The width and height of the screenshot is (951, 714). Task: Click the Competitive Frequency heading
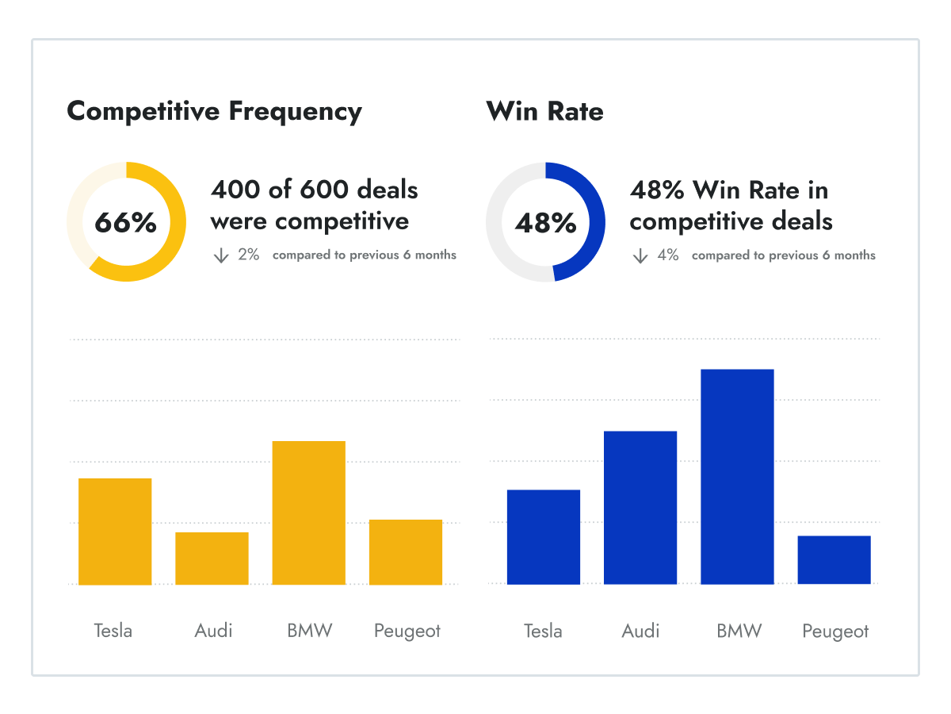click(x=214, y=111)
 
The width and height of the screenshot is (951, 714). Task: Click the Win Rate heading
click(x=545, y=111)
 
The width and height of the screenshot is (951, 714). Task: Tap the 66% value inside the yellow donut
click(x=126, y=223)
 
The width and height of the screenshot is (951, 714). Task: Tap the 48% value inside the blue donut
click(x=545, y=223)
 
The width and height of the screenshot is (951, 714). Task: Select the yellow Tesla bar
click(x=115, y=532)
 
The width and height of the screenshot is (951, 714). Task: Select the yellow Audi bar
click(x=212, y=559)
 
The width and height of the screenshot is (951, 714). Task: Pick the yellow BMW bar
click(x=309, y=512)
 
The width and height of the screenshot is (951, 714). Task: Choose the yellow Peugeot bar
click(x=406, y=552)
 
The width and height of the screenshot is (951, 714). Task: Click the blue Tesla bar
click(x=544, y=537)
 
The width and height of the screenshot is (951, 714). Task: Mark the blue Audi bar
click(x=640, y=508)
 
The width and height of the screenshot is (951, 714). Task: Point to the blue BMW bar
click(x=737, y=477)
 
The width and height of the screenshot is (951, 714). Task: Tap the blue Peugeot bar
click(x=835, y=560)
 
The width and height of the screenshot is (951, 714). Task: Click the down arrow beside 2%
click(x=221, y=255)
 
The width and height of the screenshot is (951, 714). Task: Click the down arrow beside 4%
click(x=640, y=255)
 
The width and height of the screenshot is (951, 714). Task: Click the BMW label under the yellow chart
click(x=309, y=631)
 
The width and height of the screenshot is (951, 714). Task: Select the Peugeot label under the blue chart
click(x=835, y=631)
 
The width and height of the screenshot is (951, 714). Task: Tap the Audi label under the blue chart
click(x=640, y=631)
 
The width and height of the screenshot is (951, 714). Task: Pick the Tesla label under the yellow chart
click(x=113, y=631)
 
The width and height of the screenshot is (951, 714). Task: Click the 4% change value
click(x=668, y=255)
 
